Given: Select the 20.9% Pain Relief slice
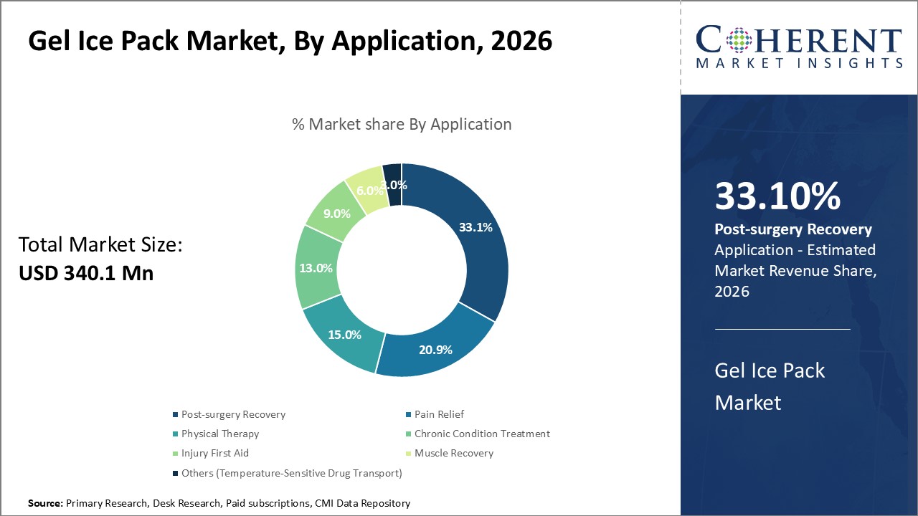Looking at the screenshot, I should [x=435, y=350].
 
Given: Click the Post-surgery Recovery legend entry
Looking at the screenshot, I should [x=233, y=414].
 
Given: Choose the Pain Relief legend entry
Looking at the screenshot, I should [x=439, y=414].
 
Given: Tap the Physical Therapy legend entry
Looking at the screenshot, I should [x=219, y=434].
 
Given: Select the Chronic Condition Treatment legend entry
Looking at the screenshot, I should [x=482, y=434].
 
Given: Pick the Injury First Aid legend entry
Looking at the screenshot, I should [x=215, y=453].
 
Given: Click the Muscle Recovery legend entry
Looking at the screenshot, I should [x=454, y=453].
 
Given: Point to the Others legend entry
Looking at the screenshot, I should [x=291, y=473].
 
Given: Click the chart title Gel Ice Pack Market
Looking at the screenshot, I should [x=290, y=41].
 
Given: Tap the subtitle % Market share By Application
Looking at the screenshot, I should [x=402, y=124].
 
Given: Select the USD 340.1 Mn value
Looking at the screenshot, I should [x=86, y=273].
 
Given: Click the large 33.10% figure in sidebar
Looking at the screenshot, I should [x=777, y=196].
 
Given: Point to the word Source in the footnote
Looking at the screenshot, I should [x=46, y=504].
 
